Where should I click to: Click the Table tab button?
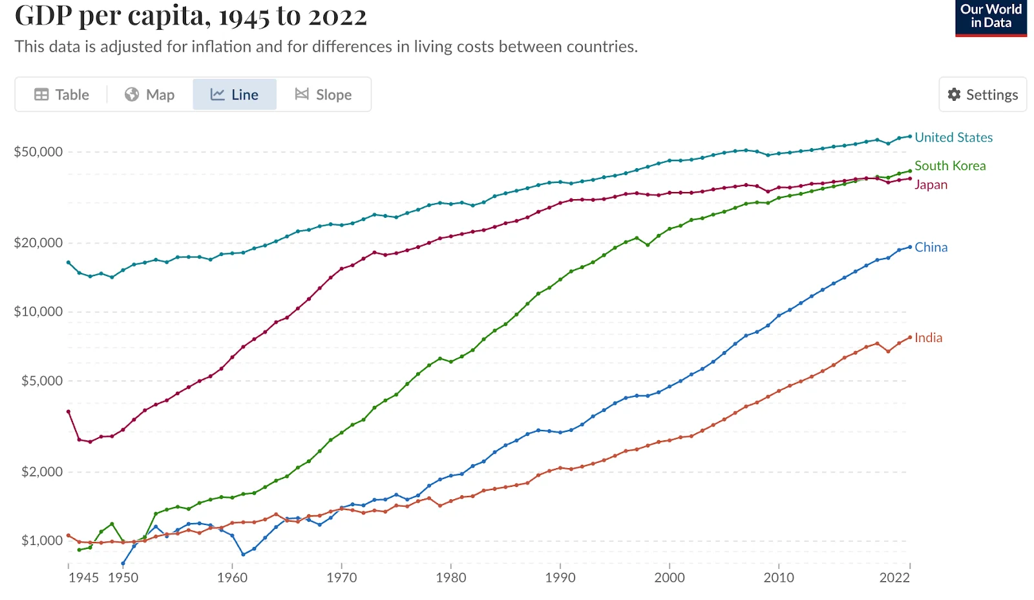click(62, 94)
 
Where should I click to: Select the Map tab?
click(150, 94)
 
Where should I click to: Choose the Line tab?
click(235, 94)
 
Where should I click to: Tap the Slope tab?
click(324, 94)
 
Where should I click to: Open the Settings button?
click(982, 94)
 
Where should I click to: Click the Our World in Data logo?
click(991, 17)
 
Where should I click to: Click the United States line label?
click(953, 137)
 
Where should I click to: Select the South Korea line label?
click(950, 166)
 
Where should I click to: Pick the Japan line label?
click(931, 184)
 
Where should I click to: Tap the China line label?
click(931, 247)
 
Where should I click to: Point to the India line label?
click(928, 337)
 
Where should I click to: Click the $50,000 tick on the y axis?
click(39, 152)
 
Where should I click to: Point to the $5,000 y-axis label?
click(42, 381)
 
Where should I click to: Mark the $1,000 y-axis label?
click(42, 541)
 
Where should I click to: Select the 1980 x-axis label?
click(450, 577)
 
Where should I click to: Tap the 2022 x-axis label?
click(894, 577)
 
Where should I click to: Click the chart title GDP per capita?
click(191, 16)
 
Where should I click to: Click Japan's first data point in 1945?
click(69, 411)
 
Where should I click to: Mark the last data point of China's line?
click(910, 247)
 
